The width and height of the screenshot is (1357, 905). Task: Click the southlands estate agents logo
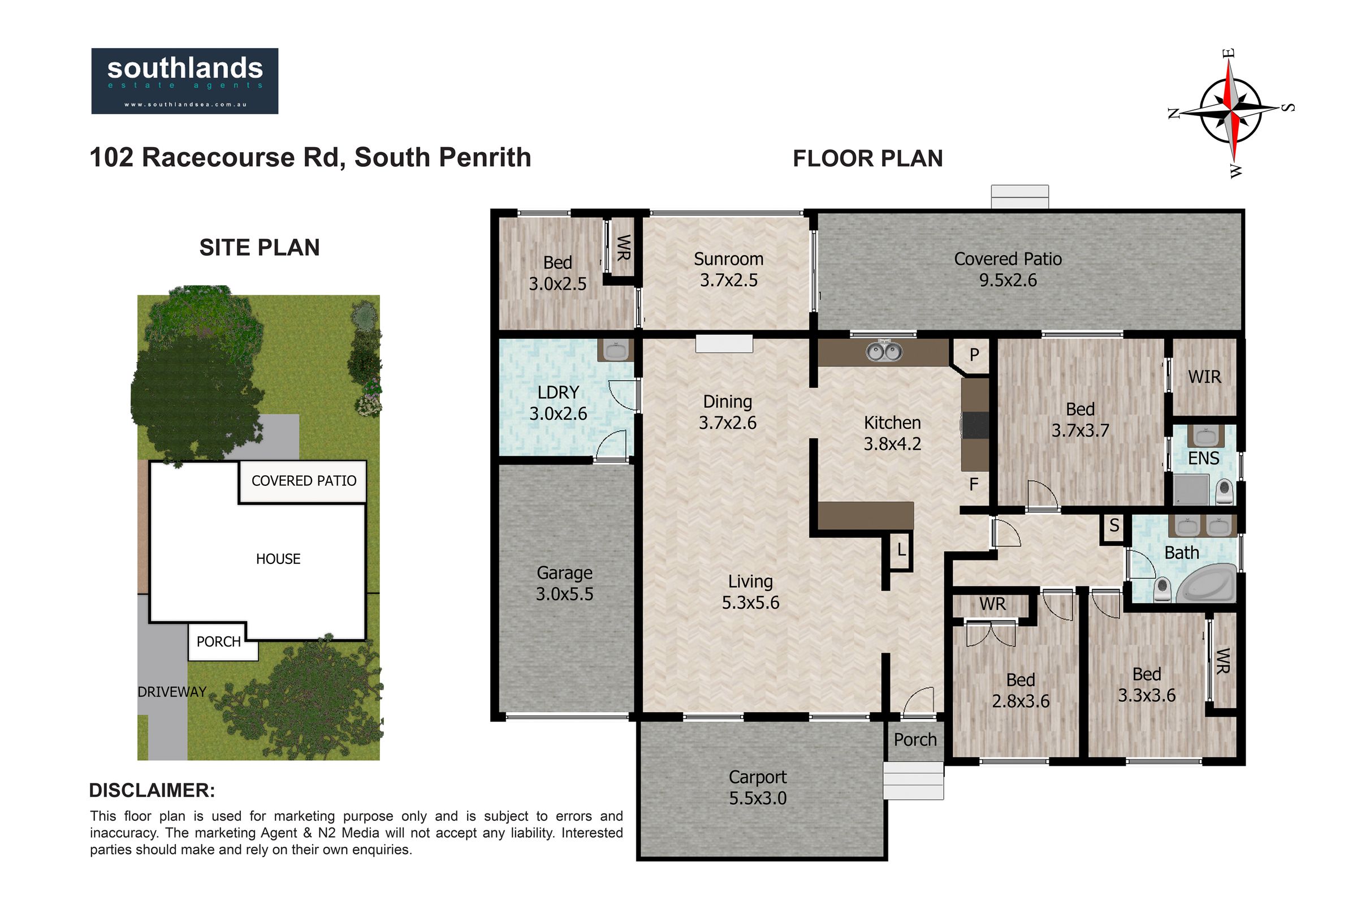point(185,81)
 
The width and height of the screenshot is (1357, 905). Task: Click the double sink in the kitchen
point(884,351)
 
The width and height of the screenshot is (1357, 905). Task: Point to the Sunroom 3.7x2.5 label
point(729,270)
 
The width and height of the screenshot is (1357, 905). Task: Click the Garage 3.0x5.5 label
point(564,583)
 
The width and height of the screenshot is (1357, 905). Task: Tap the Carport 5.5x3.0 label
point(758,787)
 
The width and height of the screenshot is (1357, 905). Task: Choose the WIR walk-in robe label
point(1205,377)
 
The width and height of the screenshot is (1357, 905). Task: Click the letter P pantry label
point(974,355)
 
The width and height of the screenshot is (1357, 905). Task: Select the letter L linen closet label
point(901,550)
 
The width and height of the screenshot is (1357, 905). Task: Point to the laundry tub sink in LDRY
point(616,350)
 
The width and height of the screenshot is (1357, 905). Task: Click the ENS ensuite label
point(1204,458)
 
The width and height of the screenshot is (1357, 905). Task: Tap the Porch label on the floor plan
point(915,740)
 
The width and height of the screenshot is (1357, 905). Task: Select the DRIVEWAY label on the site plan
point(172,692)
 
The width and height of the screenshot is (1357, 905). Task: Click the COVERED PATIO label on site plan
point(304,481)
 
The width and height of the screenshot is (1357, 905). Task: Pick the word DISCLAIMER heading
point(152,791)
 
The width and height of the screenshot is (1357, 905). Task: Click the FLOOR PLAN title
point(868,159)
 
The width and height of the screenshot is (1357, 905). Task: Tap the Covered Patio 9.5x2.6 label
point(1008,270)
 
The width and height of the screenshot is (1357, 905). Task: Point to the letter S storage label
point(1114,525)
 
